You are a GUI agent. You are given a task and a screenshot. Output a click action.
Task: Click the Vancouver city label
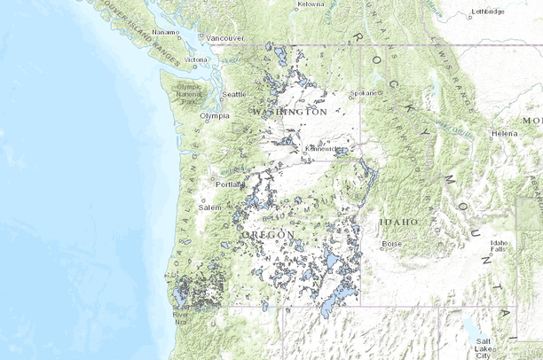click(225, 38)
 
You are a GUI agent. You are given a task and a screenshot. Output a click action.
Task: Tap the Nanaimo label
click(165, 32)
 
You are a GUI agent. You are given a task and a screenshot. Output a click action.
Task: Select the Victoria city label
click(196, 60)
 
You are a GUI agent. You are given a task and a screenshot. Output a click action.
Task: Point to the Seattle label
click(234, 94)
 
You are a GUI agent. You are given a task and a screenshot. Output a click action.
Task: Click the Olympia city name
click(215, 115)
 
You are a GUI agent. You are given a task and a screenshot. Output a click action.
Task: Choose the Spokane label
click(364, 92)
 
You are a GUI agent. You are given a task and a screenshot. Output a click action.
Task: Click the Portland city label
click(229, 184)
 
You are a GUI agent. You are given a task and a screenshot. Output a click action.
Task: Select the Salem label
click(210, 207)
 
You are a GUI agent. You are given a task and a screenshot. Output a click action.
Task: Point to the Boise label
click(391, 243)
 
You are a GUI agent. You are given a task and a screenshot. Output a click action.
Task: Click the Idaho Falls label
click(500, 246)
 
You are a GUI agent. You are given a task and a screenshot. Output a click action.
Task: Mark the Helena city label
click(504, 134)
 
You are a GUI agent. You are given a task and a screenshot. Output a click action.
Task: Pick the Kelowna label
click(310, 4)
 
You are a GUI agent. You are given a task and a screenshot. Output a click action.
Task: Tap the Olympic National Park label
click(189, 92)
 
